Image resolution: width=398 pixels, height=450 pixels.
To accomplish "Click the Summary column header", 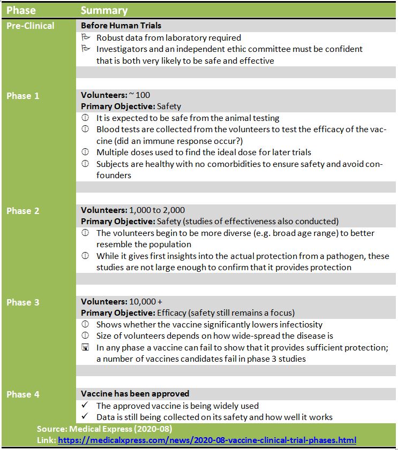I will coord(104,10).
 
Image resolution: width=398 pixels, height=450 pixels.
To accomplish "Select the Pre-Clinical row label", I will coord(30,26).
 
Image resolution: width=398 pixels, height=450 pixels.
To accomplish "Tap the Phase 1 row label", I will coord(22,96).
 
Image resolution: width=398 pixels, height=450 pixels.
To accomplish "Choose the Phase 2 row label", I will coord(22,211).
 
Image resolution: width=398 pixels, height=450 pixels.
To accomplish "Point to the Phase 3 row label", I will coord(22,302).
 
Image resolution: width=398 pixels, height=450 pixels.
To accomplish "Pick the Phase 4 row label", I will coord(22,394).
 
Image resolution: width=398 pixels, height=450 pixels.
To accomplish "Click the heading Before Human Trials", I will coord(121,26).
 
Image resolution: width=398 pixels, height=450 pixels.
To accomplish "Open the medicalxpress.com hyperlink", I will coord(207,440).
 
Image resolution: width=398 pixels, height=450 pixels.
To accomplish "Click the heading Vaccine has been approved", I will coord(135,394).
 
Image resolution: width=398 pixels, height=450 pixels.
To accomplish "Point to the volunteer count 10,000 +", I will coord(146,302).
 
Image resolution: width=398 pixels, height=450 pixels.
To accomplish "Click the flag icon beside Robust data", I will coord(85,37).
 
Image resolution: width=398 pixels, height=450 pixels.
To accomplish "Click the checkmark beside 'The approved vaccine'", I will coord(85,406).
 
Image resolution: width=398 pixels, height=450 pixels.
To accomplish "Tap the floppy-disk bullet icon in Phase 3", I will coord(85,347).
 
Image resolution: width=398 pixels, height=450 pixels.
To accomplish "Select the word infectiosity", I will coord(296,324).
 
